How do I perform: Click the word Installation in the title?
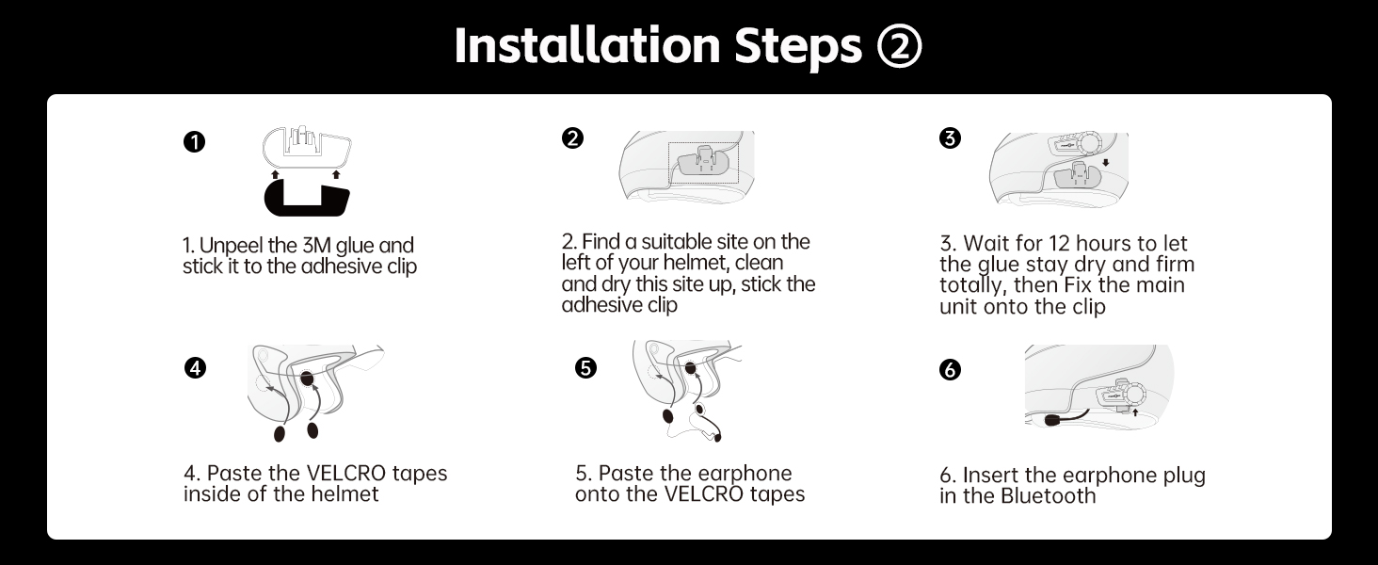pyautogui.click(x=587, y=45)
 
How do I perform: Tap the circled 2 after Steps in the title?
pyautogui.click(x=899, y=45)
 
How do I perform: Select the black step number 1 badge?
pyautogui.click(x=195, y=142)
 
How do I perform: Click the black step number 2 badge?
pyautogui.click(x=572, y=137)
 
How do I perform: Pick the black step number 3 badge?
pyautogui.click(x=950, y=137)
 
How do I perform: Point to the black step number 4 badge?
pyautogui.click(x=195, y=368)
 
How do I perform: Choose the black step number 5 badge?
pyautogui.click(x=585, y=368)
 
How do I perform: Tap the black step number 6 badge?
pyautogui.click(x=950, y=370)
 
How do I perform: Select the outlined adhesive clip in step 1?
pyautogui.click(x=307, y=147)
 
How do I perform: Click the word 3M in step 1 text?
pyautogui.click(x=316, y=246)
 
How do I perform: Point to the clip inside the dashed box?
pyautogui.click(x=705, y=164)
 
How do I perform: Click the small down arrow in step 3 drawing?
pyautogui.click(x=1105, y=163)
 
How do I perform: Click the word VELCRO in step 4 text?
pyautogui.click(x=345, y=474)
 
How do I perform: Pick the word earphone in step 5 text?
pyautogui.click(x=745, y=474)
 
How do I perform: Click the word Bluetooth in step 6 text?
pyautogui.click(x=1048, y=496)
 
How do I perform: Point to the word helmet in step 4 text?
pyautogui.click(x=344, y=494)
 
